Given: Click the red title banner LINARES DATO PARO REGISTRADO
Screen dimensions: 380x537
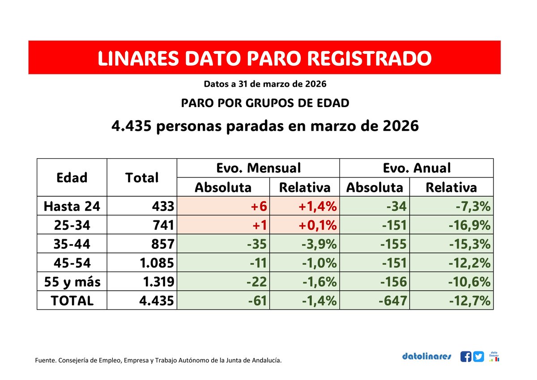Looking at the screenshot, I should click(x=264, y=58).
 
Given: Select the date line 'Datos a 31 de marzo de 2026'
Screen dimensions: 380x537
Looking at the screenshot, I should click(x=264, y=84).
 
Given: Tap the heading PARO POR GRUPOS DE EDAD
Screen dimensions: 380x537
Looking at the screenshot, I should click(x=265, y=103).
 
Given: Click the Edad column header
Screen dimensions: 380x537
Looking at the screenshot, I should click(x=72, y=177).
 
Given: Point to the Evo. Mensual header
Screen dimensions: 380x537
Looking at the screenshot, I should click(x=258, y=168).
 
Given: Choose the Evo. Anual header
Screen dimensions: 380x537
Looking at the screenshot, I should click(x=416, y=168).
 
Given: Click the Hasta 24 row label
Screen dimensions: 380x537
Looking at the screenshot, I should click(x=72, y=206).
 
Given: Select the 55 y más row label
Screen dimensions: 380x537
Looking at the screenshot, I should click(x=72, y=282).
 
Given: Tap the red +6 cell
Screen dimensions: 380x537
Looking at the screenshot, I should click(x=259, y=206).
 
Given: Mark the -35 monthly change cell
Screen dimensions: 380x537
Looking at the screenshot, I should click(x=257, y=244).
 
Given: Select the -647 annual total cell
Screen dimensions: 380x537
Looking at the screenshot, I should click(x=392, y=301).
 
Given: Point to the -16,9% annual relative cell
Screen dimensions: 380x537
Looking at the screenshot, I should click(x=469, y=225).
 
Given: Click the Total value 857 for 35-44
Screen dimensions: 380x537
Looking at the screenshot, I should click(x=162, y=244).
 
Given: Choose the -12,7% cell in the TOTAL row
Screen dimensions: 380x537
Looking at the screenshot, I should click(x=469, y=301).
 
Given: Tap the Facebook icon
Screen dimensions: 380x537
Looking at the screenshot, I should click(x=465, y=357).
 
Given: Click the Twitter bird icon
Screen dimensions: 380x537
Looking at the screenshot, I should click(x=479, y=357).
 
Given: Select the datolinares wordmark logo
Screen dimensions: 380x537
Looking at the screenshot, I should click(x=426, y=357).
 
